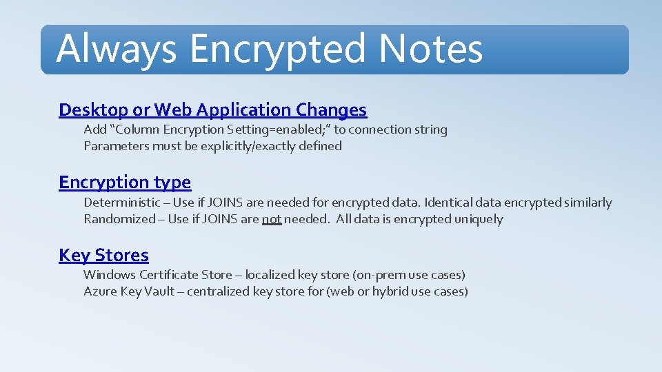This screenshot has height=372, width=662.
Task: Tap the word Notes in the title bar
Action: (430, 49)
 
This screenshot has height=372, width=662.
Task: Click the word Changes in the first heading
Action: (331, 110)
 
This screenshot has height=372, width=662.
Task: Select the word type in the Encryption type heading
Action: (172, 183)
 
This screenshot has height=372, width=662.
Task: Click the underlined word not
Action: (272, 219)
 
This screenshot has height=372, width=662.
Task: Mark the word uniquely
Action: (479, 219)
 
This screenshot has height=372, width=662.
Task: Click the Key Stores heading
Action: (103, 256)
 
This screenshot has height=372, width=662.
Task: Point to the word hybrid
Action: (391, 291)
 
